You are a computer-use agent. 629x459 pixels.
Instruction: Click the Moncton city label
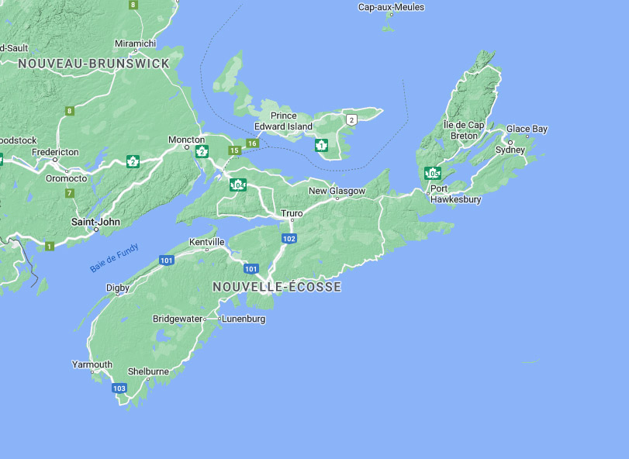tap(187, 140)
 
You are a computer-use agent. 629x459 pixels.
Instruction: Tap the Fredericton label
tap(55, 152)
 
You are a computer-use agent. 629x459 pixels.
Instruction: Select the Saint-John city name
tap(95, 222)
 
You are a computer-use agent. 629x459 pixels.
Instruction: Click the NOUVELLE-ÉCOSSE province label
tap(277, 287)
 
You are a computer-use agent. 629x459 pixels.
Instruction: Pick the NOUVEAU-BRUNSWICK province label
tap(93, 64)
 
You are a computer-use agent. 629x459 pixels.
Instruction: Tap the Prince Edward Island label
tap(284, 121)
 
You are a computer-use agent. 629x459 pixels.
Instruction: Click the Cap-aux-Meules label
tap(392, 8)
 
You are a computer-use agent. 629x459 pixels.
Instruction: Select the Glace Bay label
tap(527, 129)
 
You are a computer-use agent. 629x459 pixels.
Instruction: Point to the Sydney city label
tap(510, 150)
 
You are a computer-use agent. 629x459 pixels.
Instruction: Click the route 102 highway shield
tap(289, 238)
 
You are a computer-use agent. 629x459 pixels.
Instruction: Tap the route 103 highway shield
tap(119, 388)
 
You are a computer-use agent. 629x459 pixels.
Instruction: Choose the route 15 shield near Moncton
tap(234, 150)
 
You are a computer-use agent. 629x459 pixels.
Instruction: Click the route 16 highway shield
tap(252, 143)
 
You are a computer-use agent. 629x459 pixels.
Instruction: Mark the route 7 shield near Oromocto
tap(70, 192)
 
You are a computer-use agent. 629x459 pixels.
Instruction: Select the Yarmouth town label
tap(92, 364)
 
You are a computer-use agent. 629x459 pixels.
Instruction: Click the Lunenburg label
tap(244, 319)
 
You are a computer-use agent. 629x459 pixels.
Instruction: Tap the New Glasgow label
tap(337, 191)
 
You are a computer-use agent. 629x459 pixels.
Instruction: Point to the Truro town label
tap(292, 212)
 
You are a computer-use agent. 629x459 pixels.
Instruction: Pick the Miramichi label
tap(135, 43)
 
